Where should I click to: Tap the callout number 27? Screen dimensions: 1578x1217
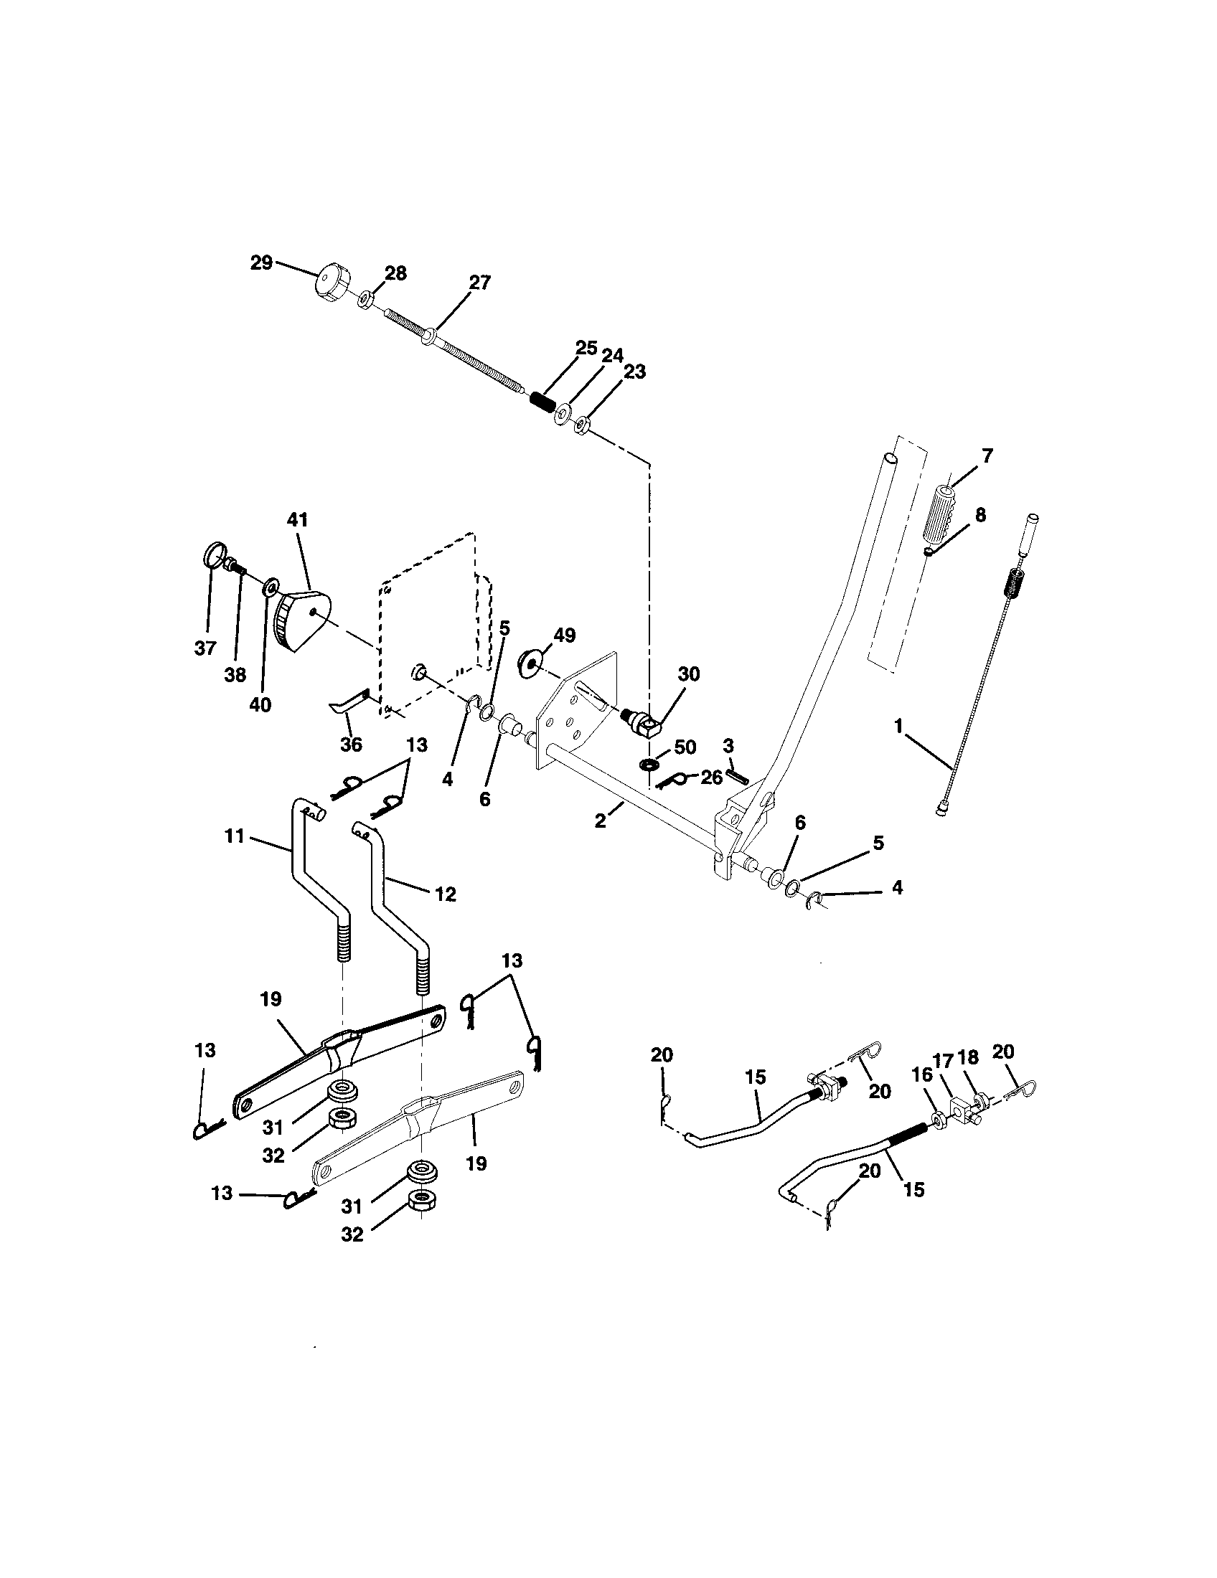click(480, 283)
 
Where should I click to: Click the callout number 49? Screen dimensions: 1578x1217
click(565, 635)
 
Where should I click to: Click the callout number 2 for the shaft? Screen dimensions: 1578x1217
click(601, 821)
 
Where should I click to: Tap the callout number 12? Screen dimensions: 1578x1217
click(446, 894)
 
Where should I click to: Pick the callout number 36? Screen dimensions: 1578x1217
click(351, 745)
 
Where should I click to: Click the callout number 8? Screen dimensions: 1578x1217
click(980, 514)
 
